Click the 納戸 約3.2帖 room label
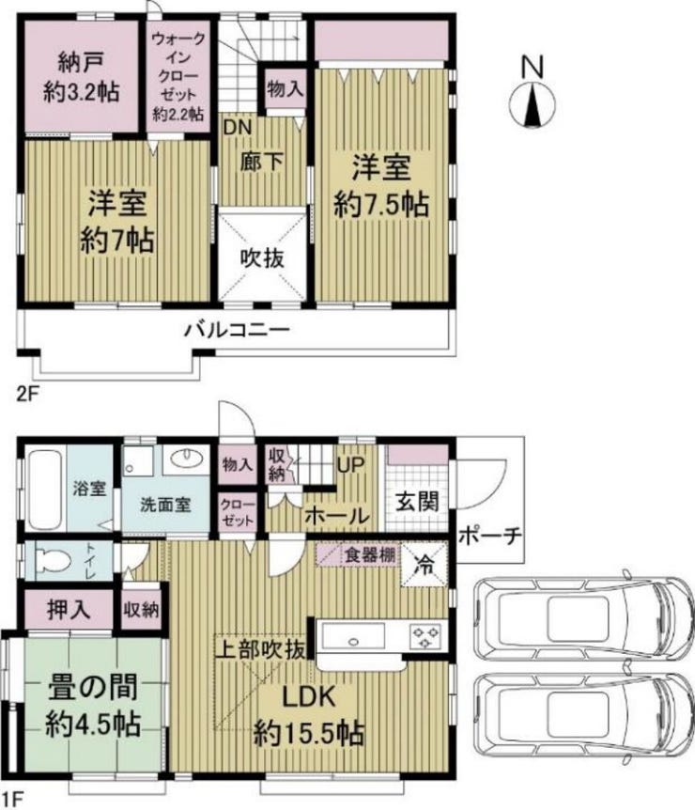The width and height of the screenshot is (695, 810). [x=82, y=77]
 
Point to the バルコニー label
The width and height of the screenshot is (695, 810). [x=238, y=330]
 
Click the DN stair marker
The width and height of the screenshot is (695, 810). [x=237, y=127]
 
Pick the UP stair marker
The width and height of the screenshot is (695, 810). [x=351, y=465]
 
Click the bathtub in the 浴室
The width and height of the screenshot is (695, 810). [x=45, y=489]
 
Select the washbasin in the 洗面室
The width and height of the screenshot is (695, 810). [x=185, y=458]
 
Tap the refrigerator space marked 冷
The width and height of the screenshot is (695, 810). [x=425, y=566]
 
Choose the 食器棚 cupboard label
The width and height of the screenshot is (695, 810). [x=371, y=555]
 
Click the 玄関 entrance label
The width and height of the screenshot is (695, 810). [x=417, y=502]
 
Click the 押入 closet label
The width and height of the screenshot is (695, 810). [x=69, y=610]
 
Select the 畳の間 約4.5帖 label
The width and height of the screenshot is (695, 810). [x=93, y=707]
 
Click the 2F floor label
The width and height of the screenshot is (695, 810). [x=27, y=396]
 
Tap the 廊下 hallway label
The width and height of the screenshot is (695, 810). [x=262, y=163]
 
